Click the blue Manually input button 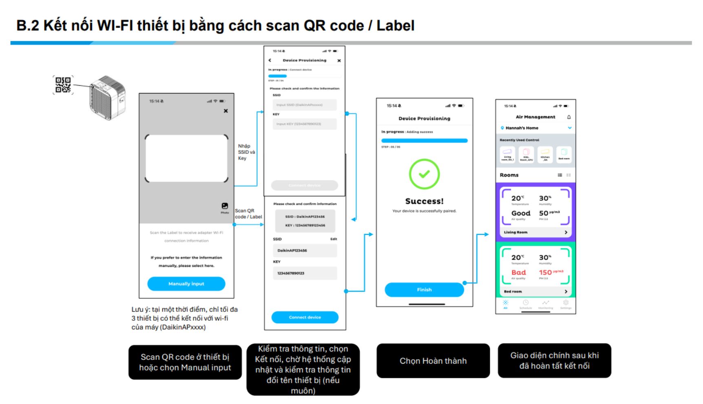(186, 284)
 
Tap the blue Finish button (424, 290)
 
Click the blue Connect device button (305, 317)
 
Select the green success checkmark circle (424, 174)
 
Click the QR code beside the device (63, 85)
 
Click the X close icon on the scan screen (225, 111)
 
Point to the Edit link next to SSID (334, 239)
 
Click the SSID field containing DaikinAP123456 (305, 251)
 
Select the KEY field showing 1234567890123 (305, 273)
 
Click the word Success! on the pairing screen (424, 201)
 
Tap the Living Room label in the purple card (515, 232)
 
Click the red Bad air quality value (519, 273)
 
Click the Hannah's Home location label (522, 128)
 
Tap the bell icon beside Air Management (569, 117)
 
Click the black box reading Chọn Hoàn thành (433, 361)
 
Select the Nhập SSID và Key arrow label (246, 152)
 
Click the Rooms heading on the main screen (509, 175)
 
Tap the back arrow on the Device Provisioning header (270, 60)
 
